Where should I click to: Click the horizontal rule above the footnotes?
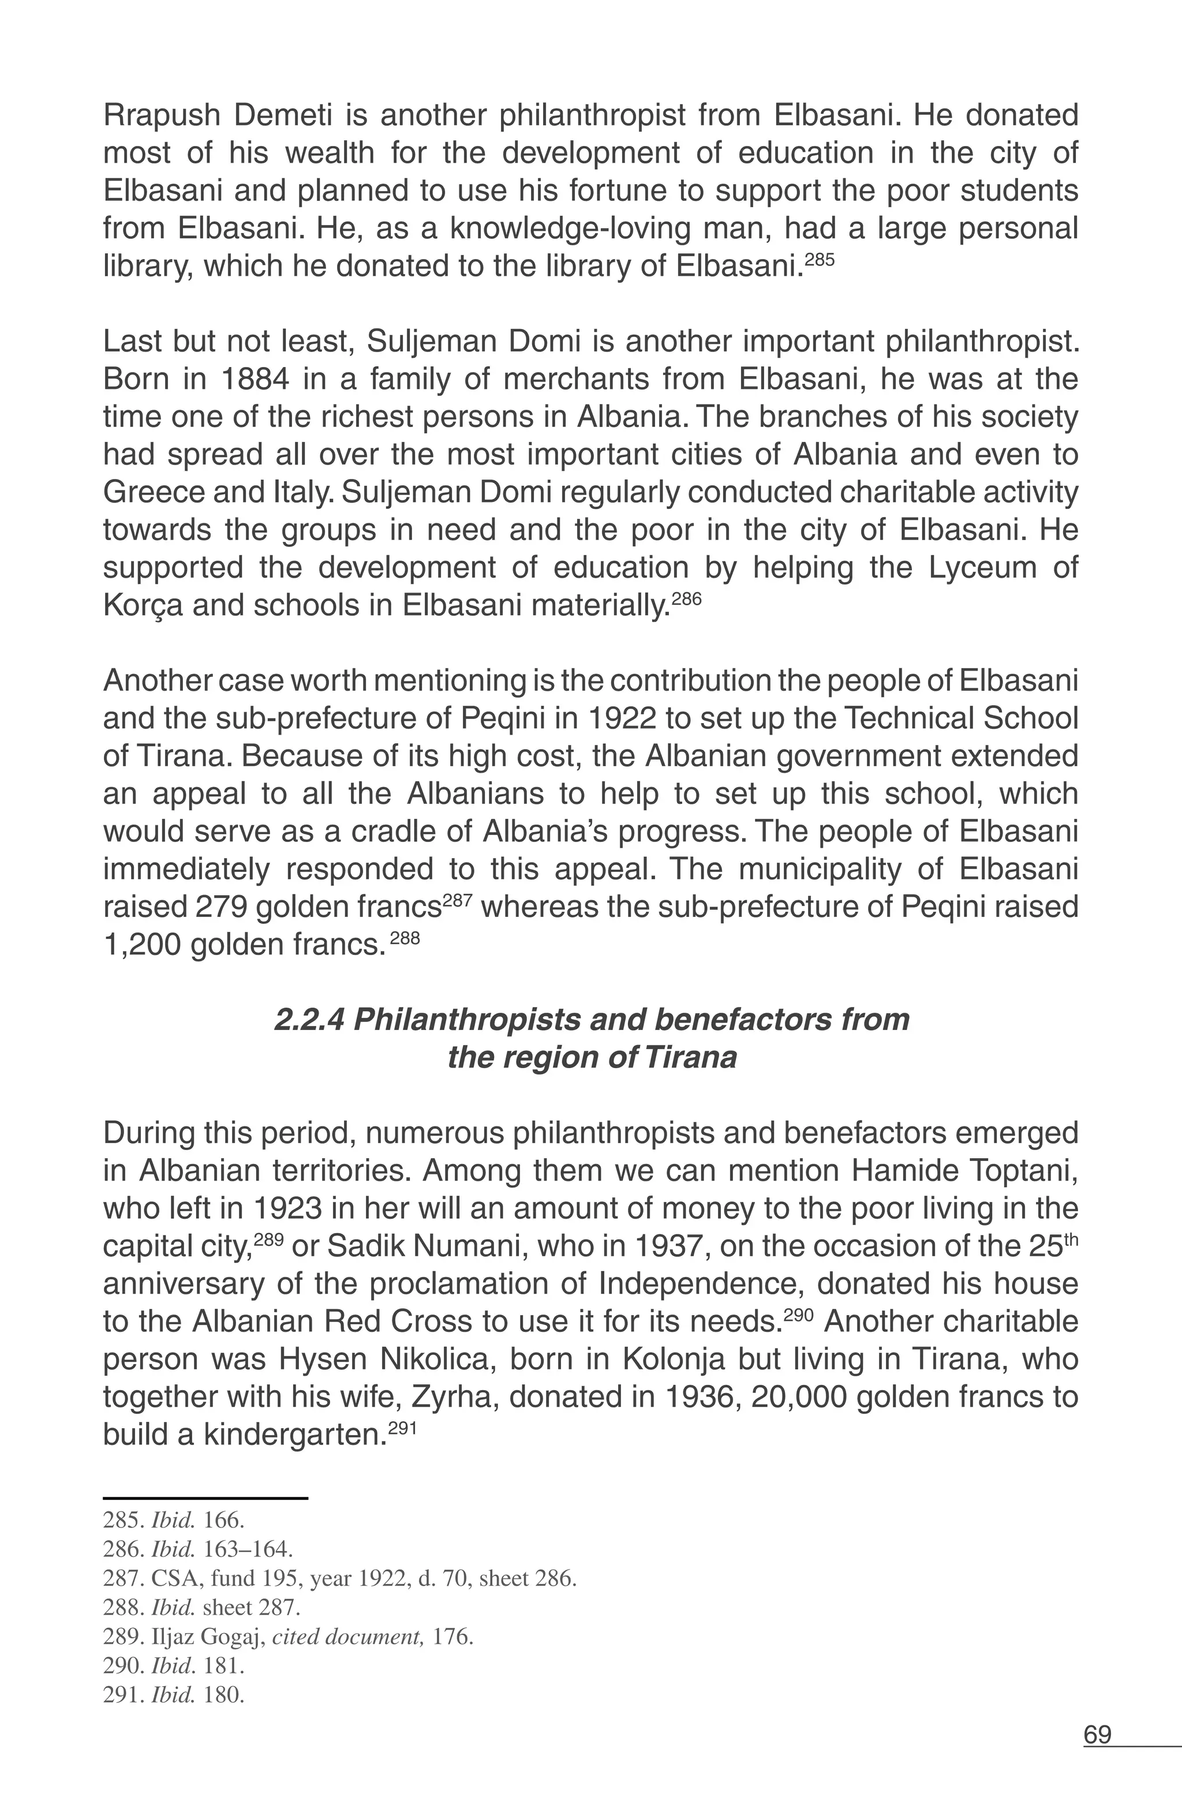(x=205, y=1498)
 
